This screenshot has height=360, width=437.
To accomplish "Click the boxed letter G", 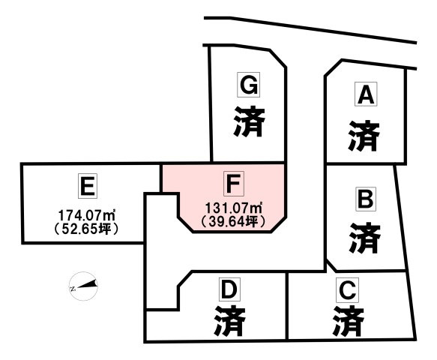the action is tap(248, 85).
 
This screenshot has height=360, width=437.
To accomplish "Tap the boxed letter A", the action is tap(366, 94).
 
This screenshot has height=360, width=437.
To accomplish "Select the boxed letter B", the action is tap(365, 199).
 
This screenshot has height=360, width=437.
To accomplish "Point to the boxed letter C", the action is tap(347, 289).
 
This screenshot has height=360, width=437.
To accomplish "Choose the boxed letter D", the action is tap(229, 289).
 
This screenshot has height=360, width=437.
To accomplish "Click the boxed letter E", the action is tap(88, 186).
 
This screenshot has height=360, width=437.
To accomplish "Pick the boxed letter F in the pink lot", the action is tap(234, 183).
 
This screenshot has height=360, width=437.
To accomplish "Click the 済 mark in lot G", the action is tap(249, 121).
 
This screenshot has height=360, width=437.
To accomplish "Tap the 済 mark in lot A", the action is tap(364, 136).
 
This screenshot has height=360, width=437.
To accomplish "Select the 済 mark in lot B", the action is tap(365, 238).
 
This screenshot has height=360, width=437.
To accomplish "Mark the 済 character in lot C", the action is tap(349, 321).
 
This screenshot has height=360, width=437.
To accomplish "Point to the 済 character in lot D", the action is tap(230, 321).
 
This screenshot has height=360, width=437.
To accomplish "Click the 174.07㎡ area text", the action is tap(87, 215).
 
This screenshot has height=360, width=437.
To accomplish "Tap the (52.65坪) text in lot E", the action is tap(87, 229).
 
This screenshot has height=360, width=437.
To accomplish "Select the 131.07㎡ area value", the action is tap(234, 208).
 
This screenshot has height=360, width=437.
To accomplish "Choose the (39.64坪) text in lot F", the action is tap(234, 222).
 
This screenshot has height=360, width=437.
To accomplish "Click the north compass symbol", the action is tap(83, 286).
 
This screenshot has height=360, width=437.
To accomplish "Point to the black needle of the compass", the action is tap(87, 284).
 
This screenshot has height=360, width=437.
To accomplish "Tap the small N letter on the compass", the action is tap(73, 289).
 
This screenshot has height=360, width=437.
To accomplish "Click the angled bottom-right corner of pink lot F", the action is tap(285, 217).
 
